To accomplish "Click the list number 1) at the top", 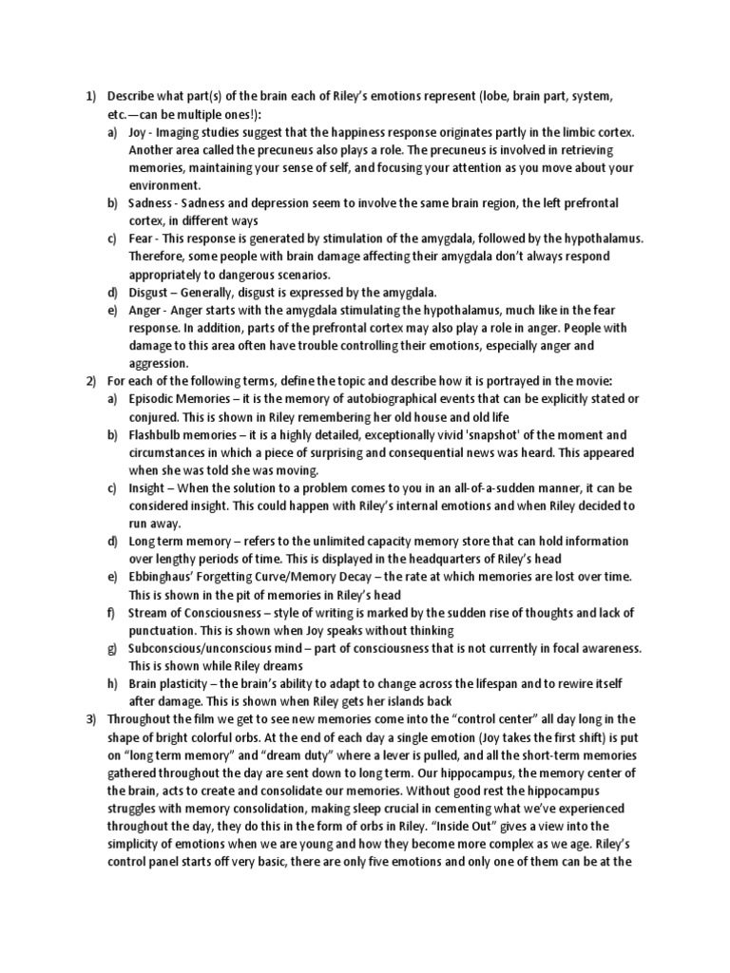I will (91, 98).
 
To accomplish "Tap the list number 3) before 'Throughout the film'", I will (91, 718).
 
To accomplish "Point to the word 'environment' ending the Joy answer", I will (163, 186).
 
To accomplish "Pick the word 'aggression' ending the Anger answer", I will (160, 363).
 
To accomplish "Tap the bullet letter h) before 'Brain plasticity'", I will (112, 683).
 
